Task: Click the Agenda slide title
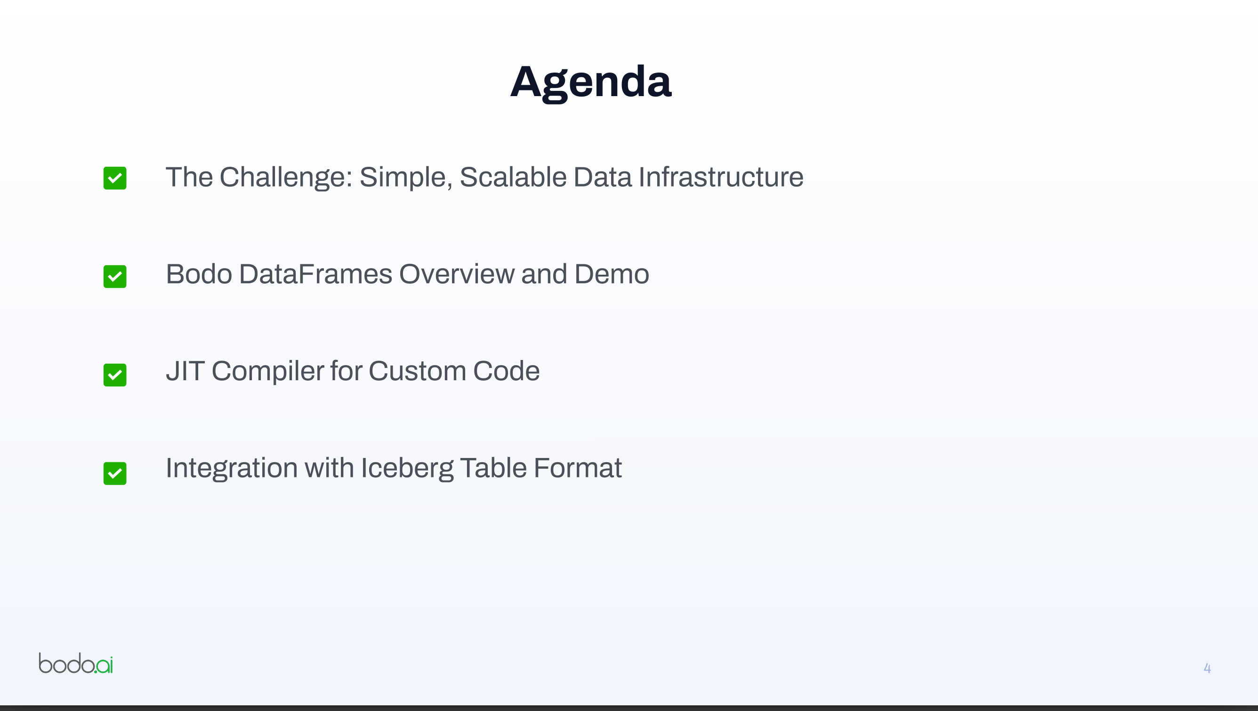(x=591, y=82)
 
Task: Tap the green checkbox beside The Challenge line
(x=115, y=178)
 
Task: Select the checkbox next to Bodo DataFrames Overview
(x=115, y=277)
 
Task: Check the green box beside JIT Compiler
(x=115, y=375)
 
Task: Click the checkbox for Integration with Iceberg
(x=115, y=474)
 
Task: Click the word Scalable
(x=513, y=176)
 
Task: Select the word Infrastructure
(x=721, y=176)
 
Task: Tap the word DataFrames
(x=315, y=274)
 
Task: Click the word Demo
(x=612, y=274)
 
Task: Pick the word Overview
(x=457, y=274)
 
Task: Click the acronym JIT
(x=185, y=370)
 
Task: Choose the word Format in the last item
(x=578, y=468)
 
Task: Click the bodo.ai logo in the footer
(x=76, y=663)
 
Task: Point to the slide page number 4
(x=1207, y=668)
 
